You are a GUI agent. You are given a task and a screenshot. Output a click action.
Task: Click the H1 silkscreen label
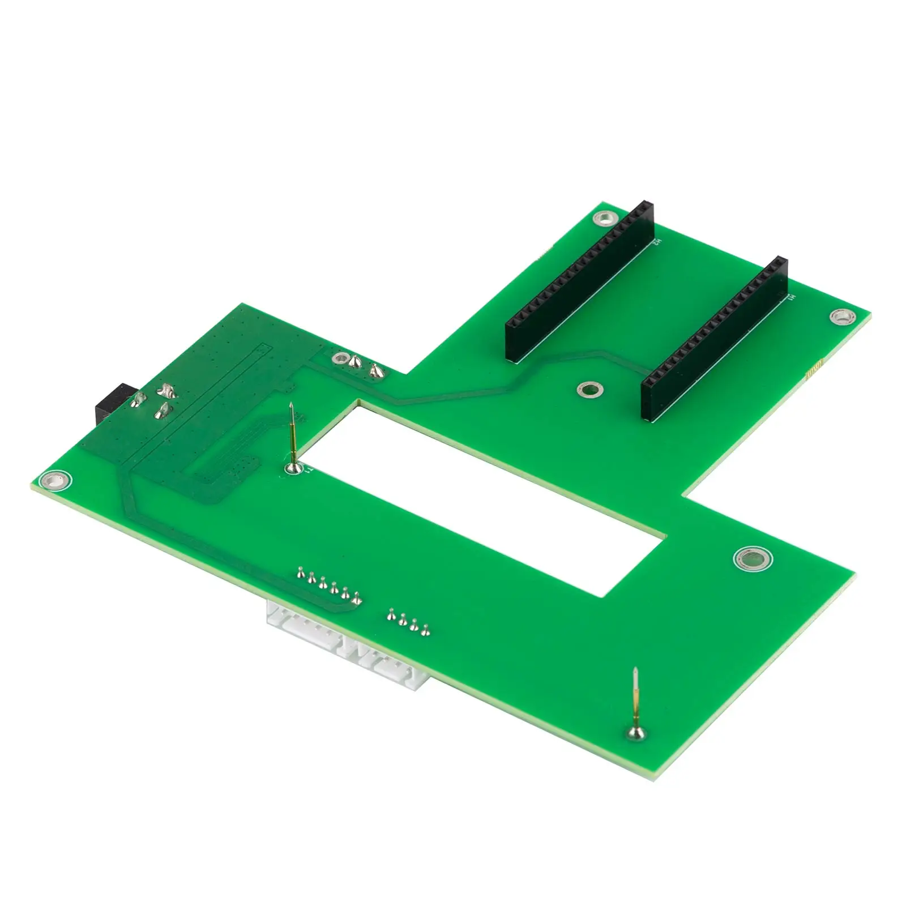(792, 297)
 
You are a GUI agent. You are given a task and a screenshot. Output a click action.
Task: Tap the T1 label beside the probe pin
(308, 469)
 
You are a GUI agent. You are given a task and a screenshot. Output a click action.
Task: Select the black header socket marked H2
(580, 280)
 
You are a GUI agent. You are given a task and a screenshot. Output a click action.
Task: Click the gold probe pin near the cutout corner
(292, 436)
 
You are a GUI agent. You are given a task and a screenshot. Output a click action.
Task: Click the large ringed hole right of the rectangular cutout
(753, 560)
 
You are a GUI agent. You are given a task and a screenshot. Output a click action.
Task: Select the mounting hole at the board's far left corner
(55, 481)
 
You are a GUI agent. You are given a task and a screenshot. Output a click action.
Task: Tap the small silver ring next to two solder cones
(341, 358)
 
